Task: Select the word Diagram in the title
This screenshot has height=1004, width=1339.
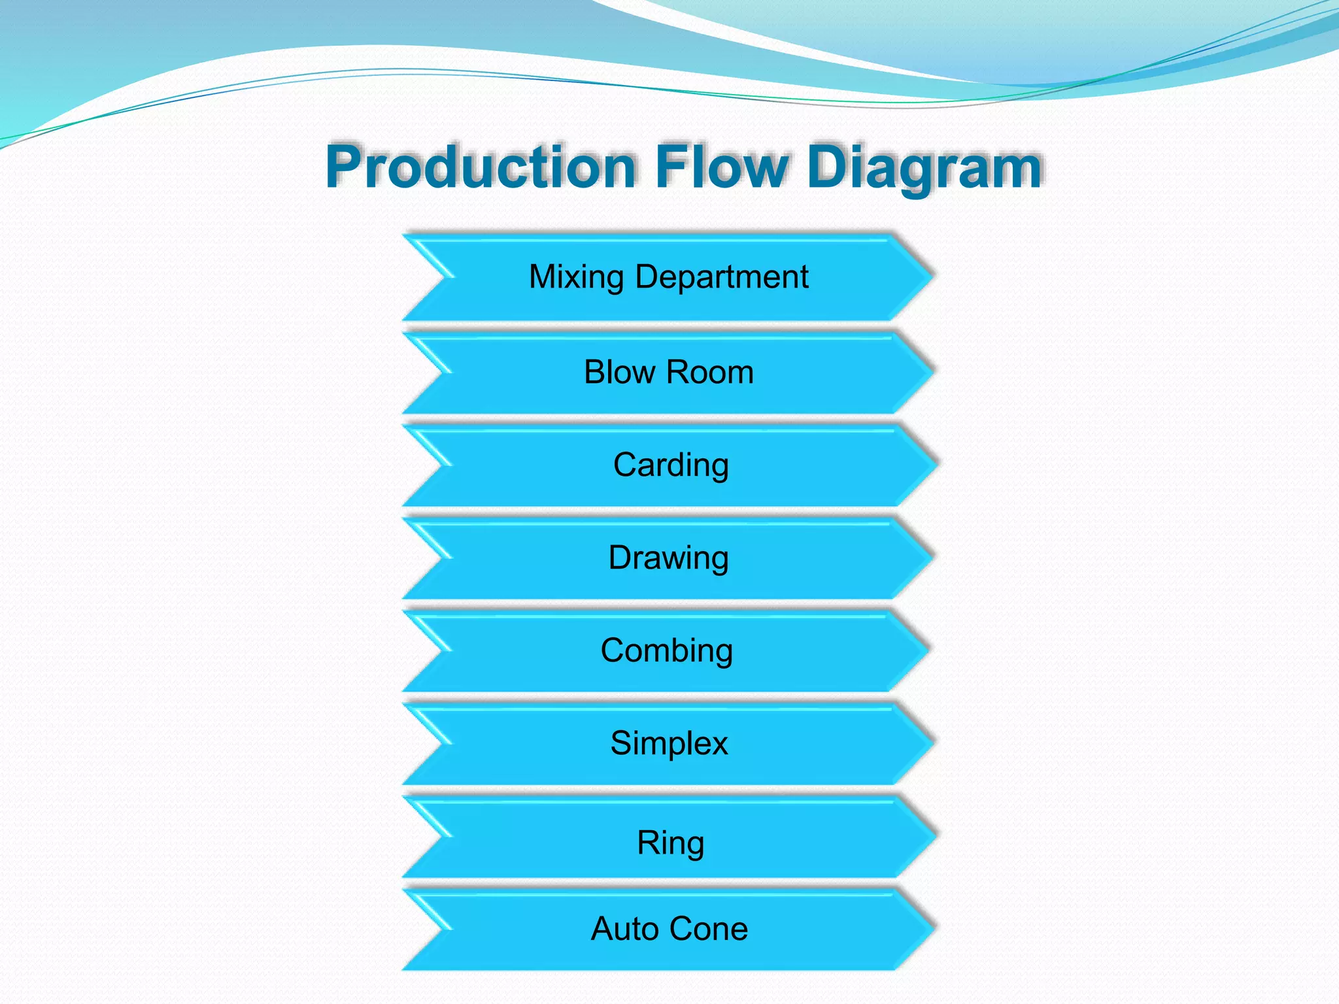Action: point(924,168)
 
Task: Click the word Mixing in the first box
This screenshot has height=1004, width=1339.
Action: point(576,277)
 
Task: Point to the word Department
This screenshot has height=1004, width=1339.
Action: point(722,277)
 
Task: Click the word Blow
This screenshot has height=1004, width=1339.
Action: point(619,373)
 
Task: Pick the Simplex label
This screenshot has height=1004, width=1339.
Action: point(669,744)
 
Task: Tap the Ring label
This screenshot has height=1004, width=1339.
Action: point(671,843)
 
